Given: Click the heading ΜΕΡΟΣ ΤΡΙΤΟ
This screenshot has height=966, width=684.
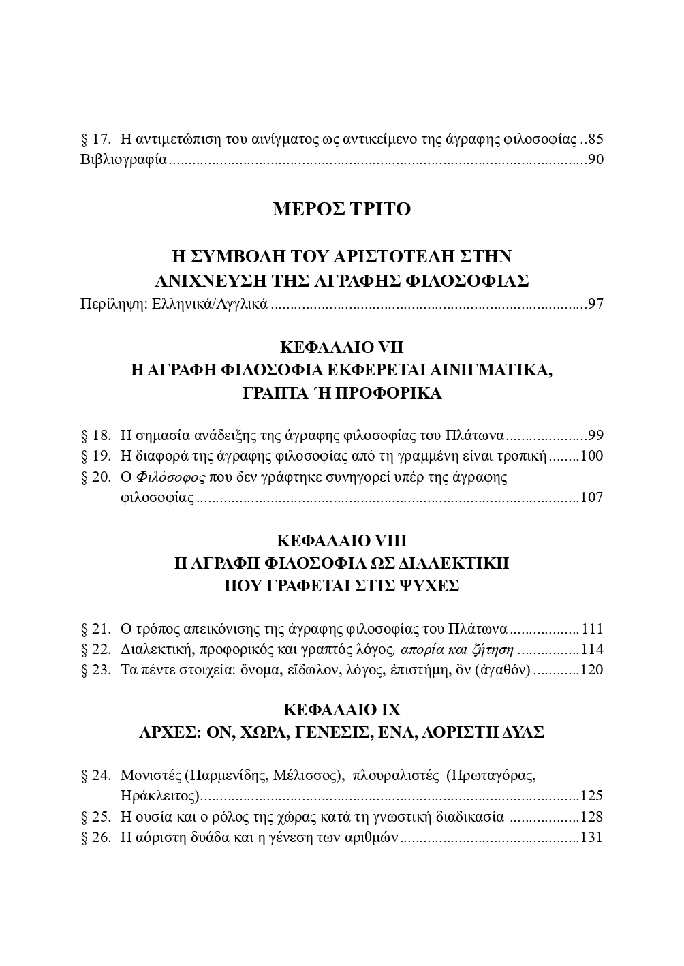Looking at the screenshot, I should click(341, 209).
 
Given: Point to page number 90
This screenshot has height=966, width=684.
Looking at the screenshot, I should click(595, 161).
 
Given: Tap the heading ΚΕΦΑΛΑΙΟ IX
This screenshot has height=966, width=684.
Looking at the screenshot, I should click(341, 711).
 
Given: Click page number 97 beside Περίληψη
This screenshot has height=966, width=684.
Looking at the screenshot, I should click(595, 304).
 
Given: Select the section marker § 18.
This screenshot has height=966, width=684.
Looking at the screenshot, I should click(95, 436).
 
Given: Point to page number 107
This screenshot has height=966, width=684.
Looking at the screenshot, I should click(591, 498).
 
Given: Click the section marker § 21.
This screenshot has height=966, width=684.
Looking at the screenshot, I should click(95, 629).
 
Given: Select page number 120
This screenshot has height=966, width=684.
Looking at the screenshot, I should click(591, 670).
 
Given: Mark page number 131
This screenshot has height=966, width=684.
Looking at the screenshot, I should click(591, 837).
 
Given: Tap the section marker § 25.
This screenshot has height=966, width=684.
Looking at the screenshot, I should click(95, 817).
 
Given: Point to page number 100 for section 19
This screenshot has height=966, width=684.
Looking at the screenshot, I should click(591, 456).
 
